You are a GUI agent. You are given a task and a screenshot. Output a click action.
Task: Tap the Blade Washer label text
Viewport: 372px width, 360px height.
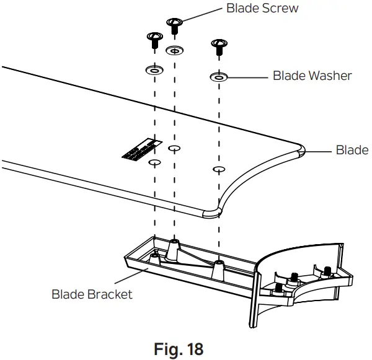(312, 76)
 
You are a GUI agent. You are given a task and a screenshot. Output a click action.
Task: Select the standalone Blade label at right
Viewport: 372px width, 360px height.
(352, 150)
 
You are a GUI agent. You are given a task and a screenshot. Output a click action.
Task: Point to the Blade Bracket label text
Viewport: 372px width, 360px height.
(92, 294)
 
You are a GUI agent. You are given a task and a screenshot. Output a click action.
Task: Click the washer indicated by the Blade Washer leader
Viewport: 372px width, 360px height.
(218, 77)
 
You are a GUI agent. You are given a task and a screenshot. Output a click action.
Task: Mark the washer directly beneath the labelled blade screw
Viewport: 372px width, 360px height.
(175, 50)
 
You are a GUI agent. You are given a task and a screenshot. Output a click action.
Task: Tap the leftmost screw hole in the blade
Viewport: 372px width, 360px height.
(153, 163)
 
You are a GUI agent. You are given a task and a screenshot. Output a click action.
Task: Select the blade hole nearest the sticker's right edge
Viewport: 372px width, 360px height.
(174, 149)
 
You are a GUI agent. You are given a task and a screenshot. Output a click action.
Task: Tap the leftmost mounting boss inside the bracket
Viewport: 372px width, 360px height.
(153, 255)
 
